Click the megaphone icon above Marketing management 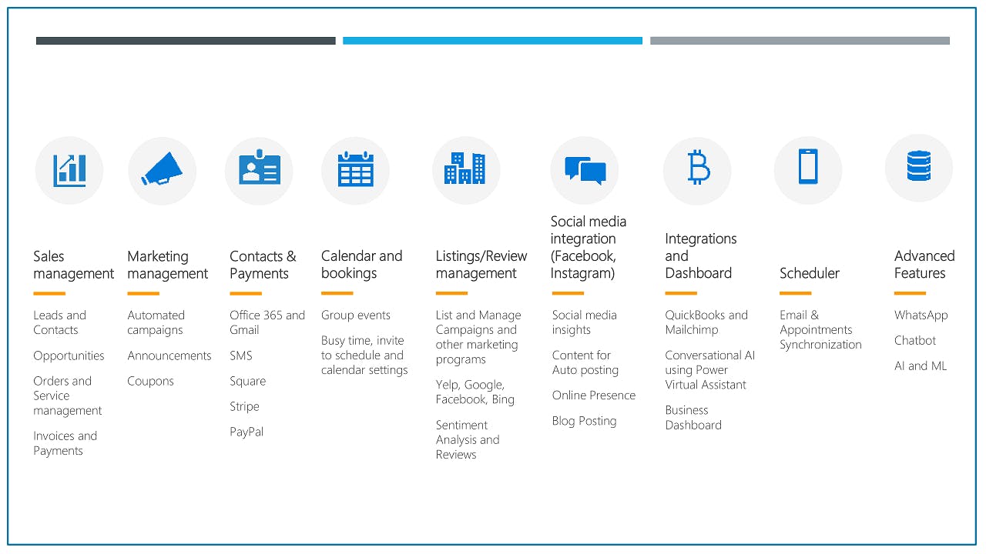(x=162, y=169)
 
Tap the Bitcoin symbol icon (x=698, y=167)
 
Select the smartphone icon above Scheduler (x=808, y=167)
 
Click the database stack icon (x=919, y=165)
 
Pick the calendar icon (x=356, y=169)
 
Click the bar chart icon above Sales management (x=69, y=171)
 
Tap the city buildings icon (x=464, y=168)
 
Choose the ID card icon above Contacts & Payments (x=260, y=168)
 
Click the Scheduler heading (x=810, y=273)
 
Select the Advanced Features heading (x=924, y=264)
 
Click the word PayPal (x=246, y=432)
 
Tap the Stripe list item (x=244, y=406)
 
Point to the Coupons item (x=150, y=381)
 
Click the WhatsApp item (x=921, y=315)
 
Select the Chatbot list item (x=914, y=340)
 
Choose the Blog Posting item (x=584, y=421)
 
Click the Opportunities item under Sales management (x=69, y=355)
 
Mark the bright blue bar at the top (x=492, y=41)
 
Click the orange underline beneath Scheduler (x=796, y=293)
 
